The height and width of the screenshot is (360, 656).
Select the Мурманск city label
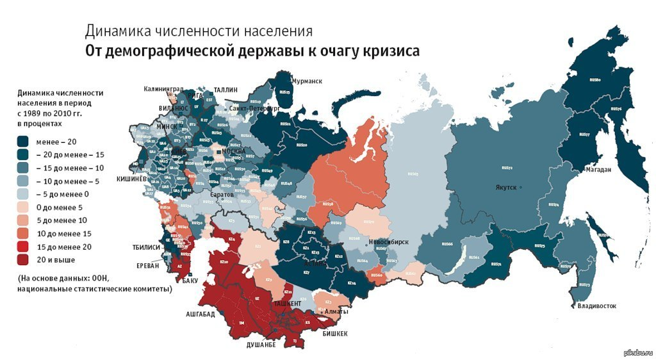[306, 81]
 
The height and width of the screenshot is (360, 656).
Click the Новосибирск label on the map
[389, 241]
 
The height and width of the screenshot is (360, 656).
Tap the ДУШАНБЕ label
[261, 345]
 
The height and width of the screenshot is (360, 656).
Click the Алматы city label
[336, 312]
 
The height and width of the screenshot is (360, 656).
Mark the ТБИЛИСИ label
[146, 247]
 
